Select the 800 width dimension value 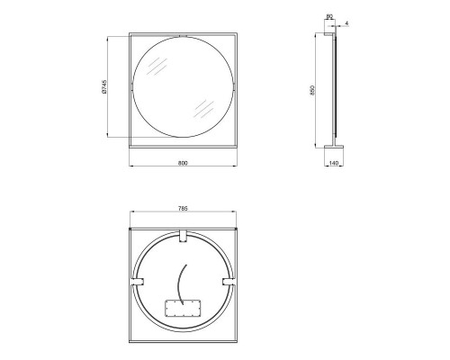[183, 163]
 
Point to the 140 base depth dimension [334, 164]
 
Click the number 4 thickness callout [346, 21]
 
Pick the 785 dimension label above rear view [183, 210]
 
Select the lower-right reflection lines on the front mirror [202, 110]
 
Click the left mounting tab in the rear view [137, 283]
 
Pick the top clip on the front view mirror [183, 36]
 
